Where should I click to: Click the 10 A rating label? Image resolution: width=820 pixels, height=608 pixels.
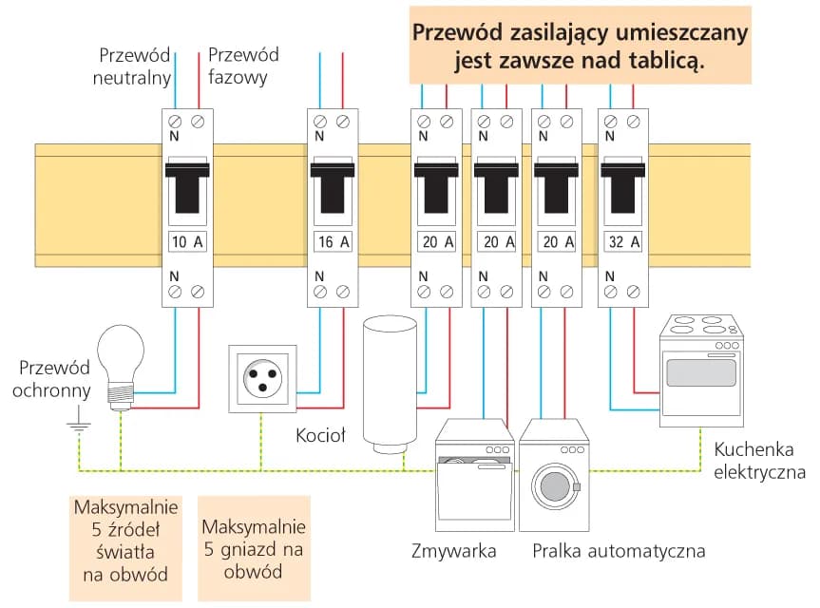point(187,241)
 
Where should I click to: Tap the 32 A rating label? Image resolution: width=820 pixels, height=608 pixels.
point(623,241)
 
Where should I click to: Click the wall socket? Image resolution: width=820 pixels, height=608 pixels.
point(262,379)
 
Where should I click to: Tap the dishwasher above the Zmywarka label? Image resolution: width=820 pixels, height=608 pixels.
point(472,480)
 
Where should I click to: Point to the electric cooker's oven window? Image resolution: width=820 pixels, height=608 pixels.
point(701,371)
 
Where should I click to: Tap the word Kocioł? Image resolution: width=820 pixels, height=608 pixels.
point(320,435)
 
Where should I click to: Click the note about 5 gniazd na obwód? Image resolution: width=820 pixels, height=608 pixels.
point(254,548)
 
